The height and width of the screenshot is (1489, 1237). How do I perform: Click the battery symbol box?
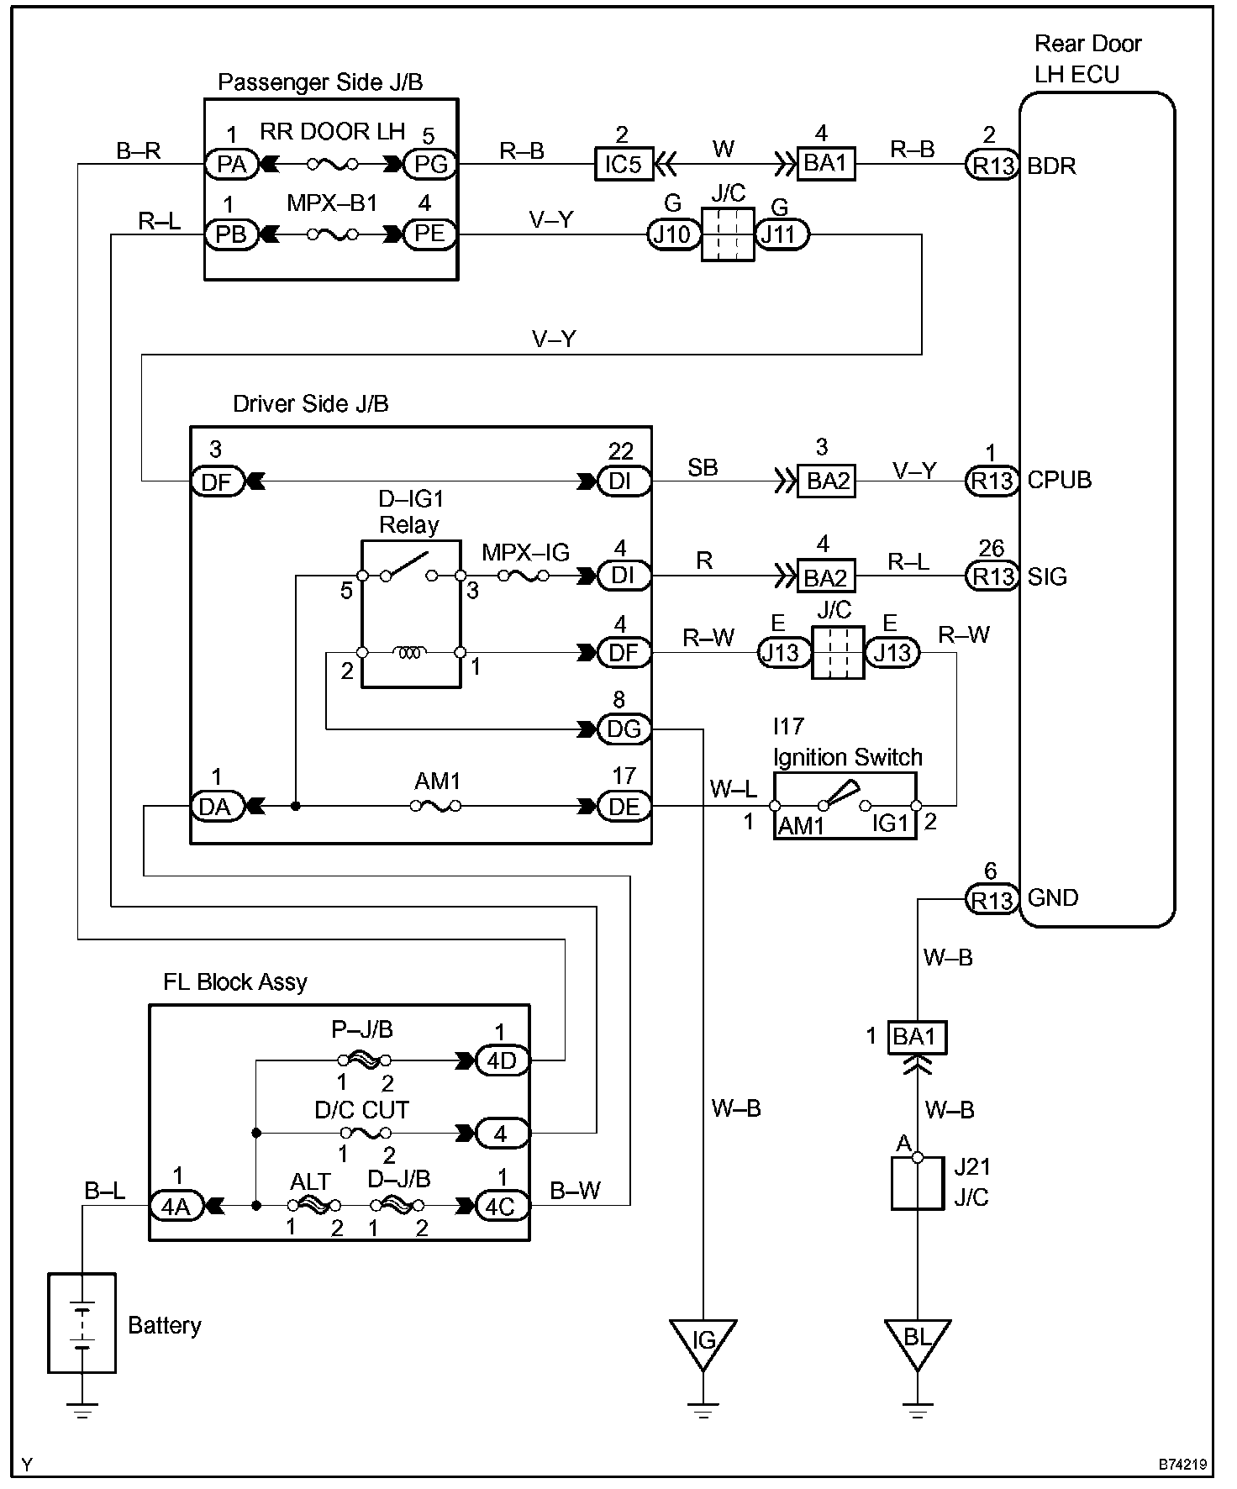82,1323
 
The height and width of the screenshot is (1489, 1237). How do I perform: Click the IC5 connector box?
624,164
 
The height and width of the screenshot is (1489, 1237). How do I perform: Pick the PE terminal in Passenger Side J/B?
430,234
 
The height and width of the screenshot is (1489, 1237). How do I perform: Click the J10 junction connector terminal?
672,234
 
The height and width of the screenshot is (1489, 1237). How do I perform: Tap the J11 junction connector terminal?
781,234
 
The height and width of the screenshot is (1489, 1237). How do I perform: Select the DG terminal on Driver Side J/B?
624,729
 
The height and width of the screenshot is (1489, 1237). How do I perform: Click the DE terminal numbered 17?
624,807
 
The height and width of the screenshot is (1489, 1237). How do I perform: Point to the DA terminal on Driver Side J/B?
216,807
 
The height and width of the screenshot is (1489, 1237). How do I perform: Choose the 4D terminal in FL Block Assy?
502,1060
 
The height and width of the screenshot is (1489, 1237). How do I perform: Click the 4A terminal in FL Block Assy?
176,1207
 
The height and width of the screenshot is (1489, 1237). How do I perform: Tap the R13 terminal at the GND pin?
992,900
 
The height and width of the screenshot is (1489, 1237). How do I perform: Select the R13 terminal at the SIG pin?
992,576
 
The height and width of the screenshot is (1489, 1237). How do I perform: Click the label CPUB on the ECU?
1059,481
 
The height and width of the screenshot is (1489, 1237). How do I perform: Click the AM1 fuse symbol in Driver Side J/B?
435,807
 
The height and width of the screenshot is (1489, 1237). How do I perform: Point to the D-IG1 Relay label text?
409,512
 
